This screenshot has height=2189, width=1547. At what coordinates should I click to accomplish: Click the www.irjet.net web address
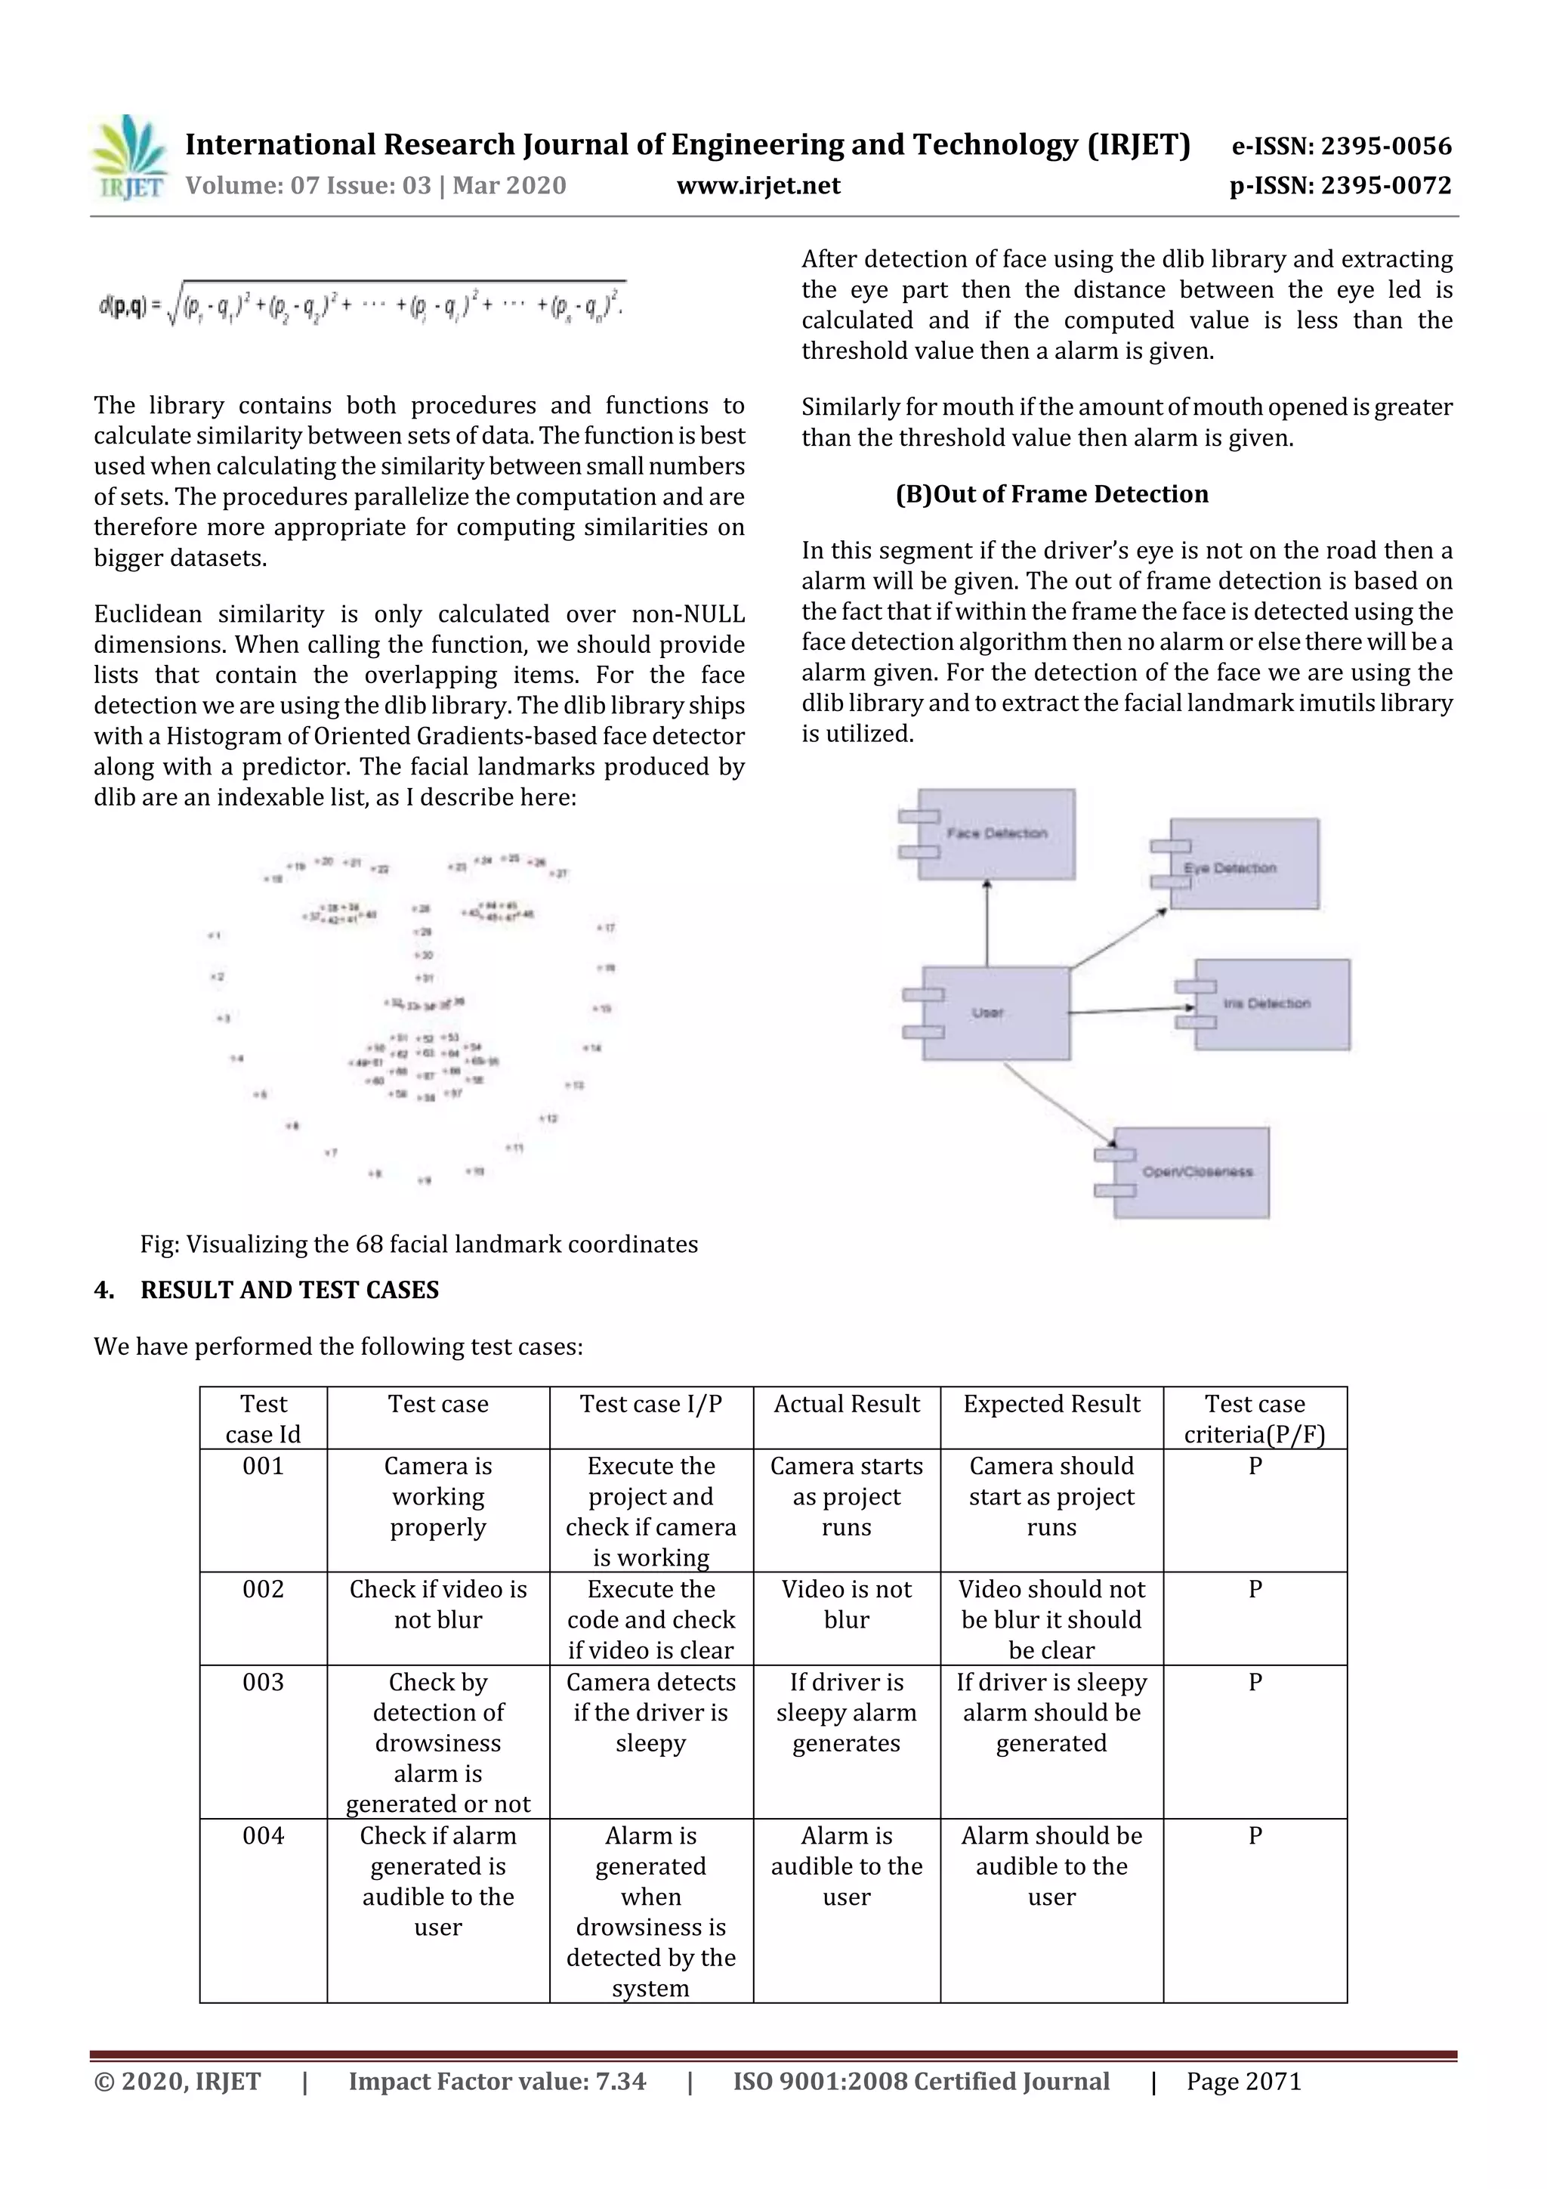pyautogui.click(x=758, y=186)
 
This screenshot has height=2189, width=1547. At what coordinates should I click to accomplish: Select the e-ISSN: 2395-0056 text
pyautogui.click(x=1341, y=146)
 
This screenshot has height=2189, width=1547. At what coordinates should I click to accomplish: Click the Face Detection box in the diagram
pyautogui.click(x=996, y=833)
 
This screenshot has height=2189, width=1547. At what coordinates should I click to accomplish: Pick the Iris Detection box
pyautogui.click(x=1271, y=1004)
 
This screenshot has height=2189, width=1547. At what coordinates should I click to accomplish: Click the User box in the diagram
pyautogui.click(x=994, y=1013)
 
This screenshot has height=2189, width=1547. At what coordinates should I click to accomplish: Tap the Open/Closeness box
pyautogui.click(x=1190, y=1172)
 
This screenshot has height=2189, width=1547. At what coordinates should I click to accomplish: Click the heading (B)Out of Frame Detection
pyautogui.click(x=1051, y=494)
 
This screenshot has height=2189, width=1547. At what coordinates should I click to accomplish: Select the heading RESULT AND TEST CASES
pyautogui.click(x=289, y=1290)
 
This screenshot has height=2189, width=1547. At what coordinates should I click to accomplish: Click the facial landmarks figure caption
pyautogui.click(x=418, y=1244)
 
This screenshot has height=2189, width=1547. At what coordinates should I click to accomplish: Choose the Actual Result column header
pyautogui.click(x=847, y=1405)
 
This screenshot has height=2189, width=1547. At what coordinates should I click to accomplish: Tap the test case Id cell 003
pyautogui.click(x=263, y=1683)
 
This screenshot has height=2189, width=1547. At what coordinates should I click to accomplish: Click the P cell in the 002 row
pyautogui.click(x=1255, y=1589)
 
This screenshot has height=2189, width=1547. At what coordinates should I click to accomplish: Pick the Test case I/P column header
pyautogui.click(x=651, y=1405)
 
